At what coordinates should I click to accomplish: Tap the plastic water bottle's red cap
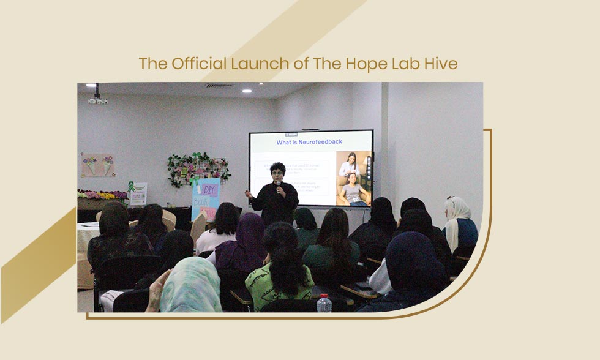click(x=324, y=296)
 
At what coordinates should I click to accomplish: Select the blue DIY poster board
click(x=205, y=198)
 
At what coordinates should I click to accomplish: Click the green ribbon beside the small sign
click(x=130, y=186)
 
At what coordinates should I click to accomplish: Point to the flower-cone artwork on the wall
click(x=98, y=165)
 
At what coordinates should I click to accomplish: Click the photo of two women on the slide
click(x=353, y=178)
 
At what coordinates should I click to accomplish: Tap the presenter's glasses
click(x=277, y=174)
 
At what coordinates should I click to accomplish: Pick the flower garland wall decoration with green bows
click(x=199, y=169)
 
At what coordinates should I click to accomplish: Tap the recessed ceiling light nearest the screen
click(x=247, y=91)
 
